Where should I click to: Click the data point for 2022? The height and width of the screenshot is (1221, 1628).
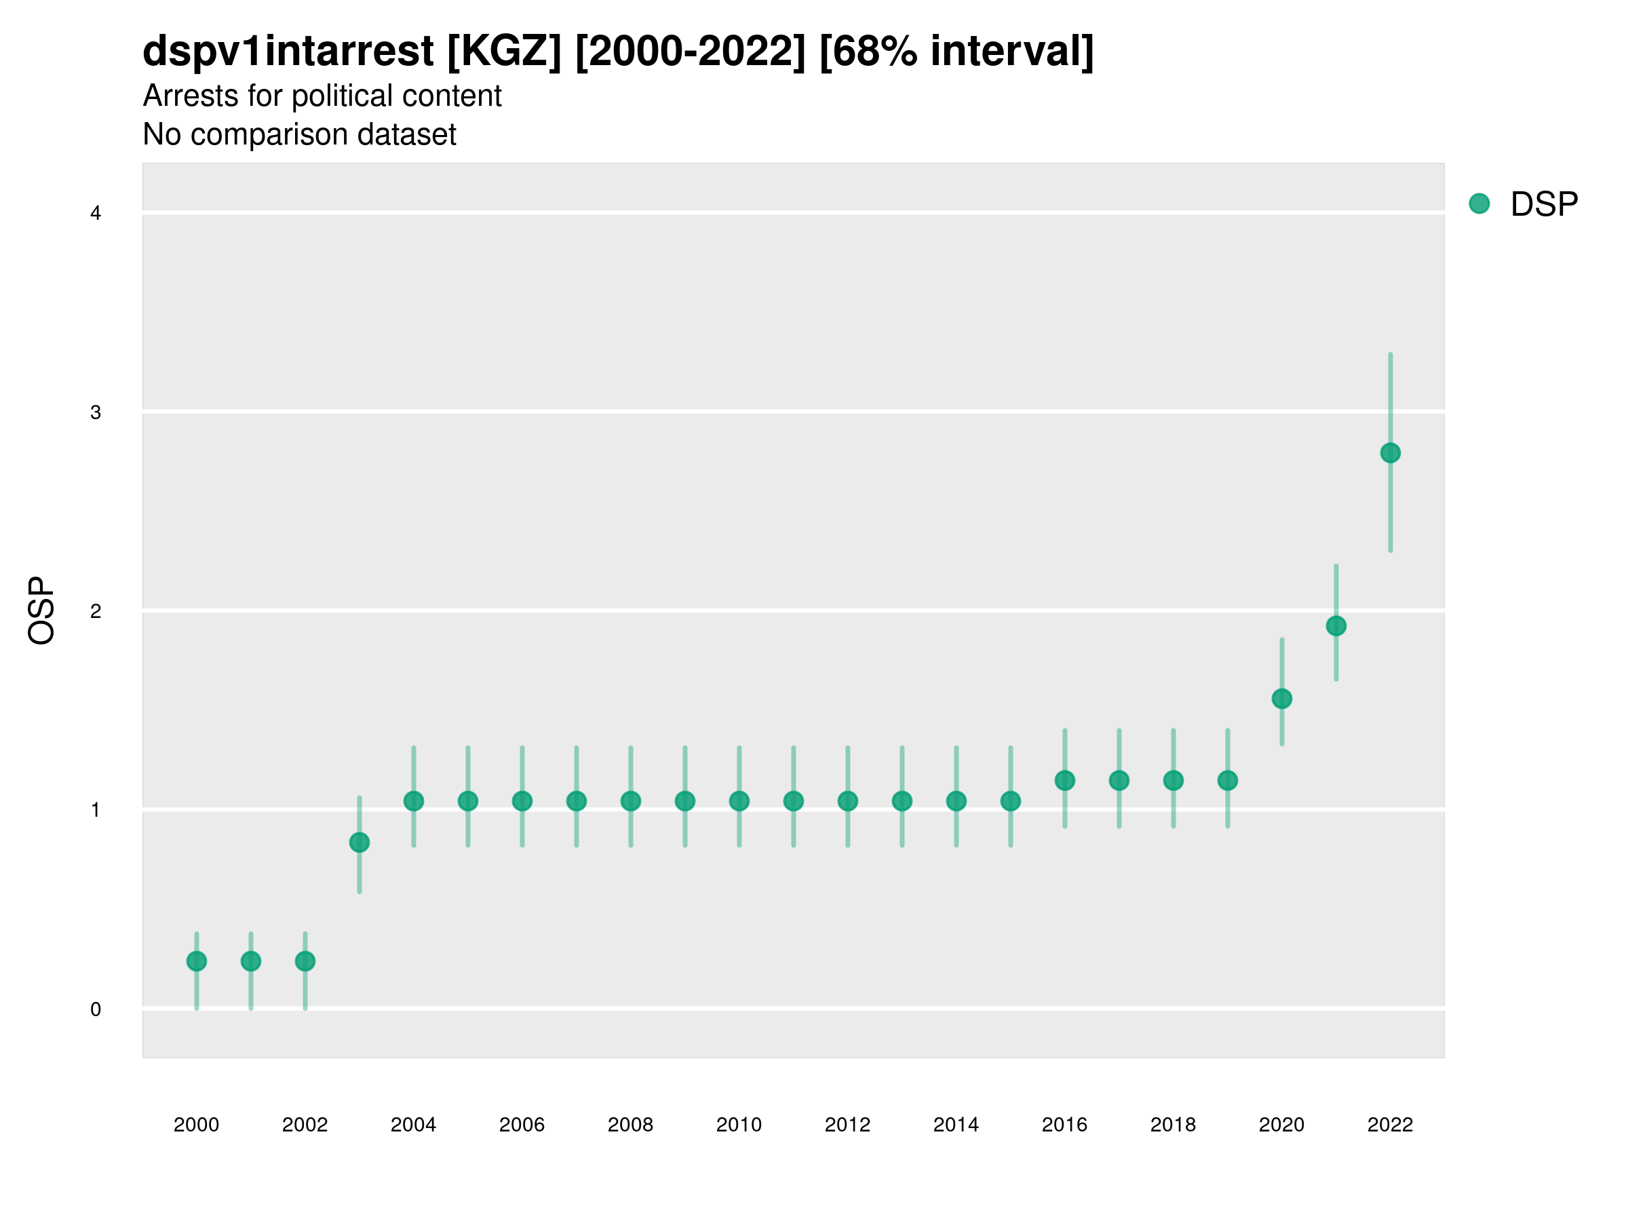[1391, 452]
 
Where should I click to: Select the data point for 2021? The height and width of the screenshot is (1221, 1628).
[1336, 625]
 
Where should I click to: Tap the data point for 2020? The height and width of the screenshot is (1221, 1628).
[1281, 699]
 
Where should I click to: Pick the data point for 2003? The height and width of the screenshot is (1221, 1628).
[359, 842]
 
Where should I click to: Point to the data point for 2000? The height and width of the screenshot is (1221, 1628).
[197, 961]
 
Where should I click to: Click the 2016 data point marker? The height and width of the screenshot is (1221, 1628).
[1064, 780]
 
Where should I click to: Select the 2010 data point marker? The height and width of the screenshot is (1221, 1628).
[739, 800]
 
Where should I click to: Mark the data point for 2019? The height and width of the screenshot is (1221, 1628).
[1228, 780]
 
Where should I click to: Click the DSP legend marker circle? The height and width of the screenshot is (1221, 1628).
[1479, 204]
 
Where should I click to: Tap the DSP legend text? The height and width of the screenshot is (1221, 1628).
[1544, 205]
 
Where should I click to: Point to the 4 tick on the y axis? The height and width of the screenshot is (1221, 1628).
[96, 214]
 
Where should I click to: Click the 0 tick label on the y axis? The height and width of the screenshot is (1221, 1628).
[96, 1009]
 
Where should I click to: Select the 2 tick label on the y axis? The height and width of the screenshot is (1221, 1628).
[96, 611]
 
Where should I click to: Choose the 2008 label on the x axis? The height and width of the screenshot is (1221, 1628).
[630, 1125]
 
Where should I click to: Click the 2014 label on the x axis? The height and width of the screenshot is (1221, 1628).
[955, 1125]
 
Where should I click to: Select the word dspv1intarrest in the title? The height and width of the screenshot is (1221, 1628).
[288, 52]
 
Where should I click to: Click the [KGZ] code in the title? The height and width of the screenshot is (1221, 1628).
[504, 52]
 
